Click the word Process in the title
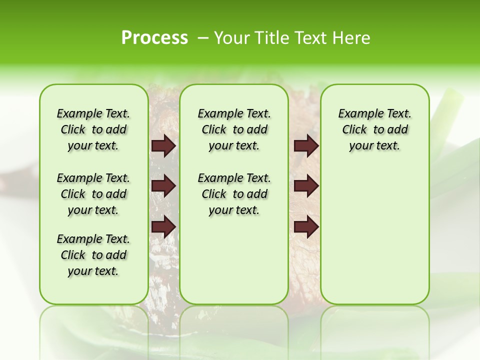[x=154, y=38]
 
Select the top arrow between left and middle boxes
[x=163, y=146]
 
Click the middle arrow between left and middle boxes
[x=163, y=186]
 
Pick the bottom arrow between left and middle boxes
[x=163, y=227]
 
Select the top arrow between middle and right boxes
[x=306, y=146]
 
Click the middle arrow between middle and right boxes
[x=306, y=186]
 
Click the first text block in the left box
[x=93, y=129]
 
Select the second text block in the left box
[x=93, y=194]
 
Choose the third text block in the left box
[x=93, y=255]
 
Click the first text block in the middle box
[x=234, y=129]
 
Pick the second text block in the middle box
[x=234, y=194]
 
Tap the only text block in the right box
[x=374, y=129]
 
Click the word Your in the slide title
[x=232, y=38]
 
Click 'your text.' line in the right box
[x=374, y=146]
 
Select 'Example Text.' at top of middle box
[x=234, y=113]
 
